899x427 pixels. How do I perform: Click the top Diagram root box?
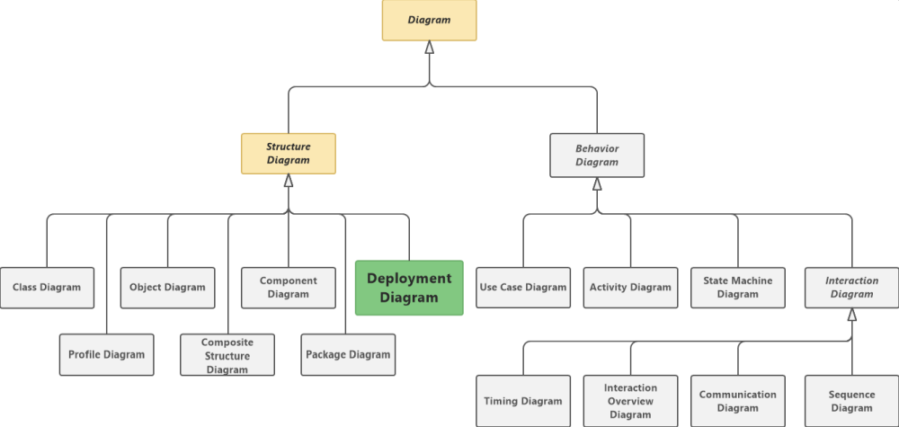tap(429, 20)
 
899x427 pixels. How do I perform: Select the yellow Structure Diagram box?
tap(288, 154)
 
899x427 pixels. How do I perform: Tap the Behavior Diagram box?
tap(597, 156)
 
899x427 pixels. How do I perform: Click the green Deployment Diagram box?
tap(409, 288)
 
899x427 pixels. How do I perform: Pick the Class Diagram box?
tap(47, 288)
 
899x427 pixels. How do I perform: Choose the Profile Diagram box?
tap(106, 354)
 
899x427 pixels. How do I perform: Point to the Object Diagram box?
tap(167, 288)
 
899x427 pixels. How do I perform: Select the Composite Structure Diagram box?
tap(227, 355)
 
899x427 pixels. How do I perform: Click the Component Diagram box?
tap(289, 288)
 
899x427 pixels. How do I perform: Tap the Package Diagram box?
tap(348, 354)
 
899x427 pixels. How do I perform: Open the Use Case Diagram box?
tap(523, 288)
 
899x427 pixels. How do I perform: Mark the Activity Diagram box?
tap(630, 288)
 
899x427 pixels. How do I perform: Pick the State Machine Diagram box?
tap(738, 288)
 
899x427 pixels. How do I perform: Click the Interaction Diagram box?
tap(851, 288)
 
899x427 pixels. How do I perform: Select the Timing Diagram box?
tap(523, 401)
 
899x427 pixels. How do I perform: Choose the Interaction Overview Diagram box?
tap(630, 401)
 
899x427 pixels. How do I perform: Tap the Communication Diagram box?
tap(738, 401)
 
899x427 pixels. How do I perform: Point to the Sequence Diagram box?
tap(851, 401)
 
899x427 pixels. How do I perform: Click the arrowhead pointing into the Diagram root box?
tap(430, 48)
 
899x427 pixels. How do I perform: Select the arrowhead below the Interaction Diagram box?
tap(852, 315)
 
